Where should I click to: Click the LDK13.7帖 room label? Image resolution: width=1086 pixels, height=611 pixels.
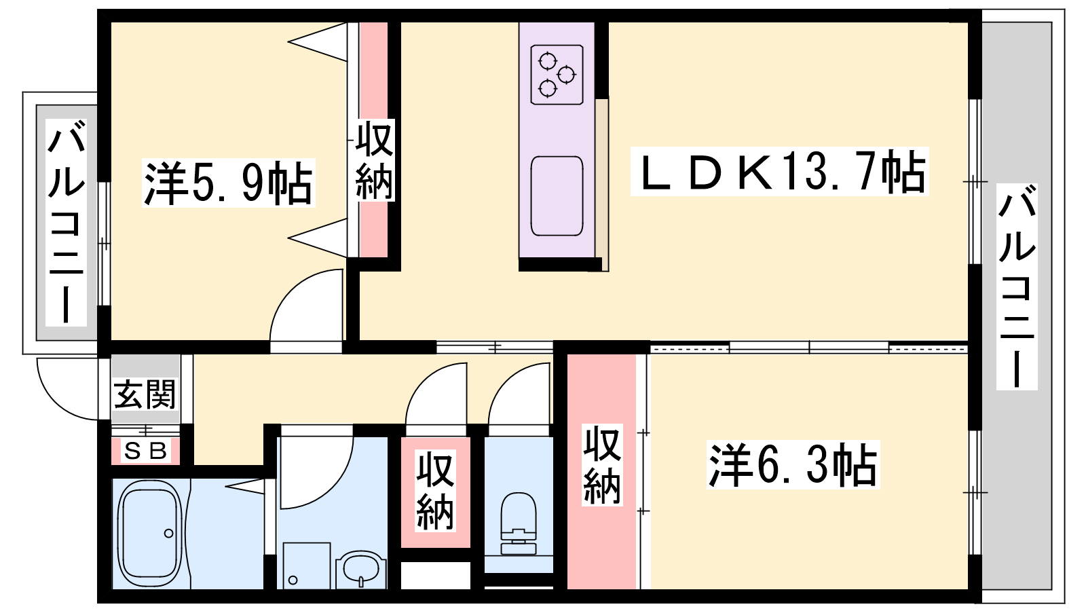(x=780, y=172)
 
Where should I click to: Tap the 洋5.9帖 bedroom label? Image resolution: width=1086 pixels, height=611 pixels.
(x=228, y=183)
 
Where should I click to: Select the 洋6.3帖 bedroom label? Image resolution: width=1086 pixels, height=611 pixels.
(x=793, y=464)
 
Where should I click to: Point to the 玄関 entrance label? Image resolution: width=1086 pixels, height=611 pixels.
(x=145, y=394)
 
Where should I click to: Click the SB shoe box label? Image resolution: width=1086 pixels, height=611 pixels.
(x=145, y=451)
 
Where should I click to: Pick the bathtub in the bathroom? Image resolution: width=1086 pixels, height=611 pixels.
(x=150, y=534)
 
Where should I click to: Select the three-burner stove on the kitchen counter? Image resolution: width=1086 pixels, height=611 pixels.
(x=557, y=75)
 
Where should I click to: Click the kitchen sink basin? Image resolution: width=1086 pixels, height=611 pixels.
(x=557, y=196)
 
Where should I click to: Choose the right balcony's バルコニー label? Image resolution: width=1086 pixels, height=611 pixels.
(x=1017, y=286)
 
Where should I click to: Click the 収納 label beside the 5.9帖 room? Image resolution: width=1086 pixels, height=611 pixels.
(x=374, y=160)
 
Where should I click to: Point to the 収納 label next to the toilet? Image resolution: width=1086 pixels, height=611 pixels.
(x=435, y=491)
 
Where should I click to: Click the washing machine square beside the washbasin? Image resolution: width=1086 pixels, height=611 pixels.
(x=306, y=566)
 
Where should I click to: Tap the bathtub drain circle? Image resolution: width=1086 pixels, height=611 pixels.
(x=169, y=534)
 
